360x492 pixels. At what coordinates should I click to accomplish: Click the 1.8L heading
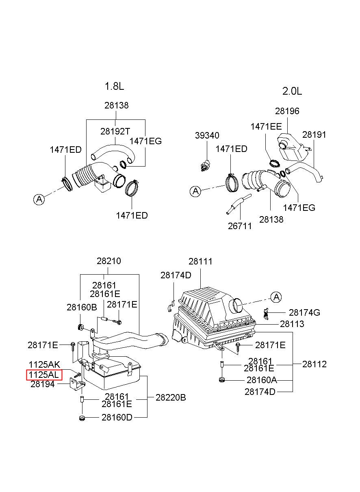(114, 86)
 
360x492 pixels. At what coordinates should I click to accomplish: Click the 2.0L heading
(292, 91)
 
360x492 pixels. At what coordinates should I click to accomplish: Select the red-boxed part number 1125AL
(44, 375)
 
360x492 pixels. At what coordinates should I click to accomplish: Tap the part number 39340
(207, 135)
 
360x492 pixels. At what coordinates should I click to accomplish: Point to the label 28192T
(115, 131)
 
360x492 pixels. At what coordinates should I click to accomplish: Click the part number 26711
(240, 226)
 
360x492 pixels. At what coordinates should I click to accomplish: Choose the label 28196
(287, 111)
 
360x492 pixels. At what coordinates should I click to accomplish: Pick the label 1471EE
(266, 126)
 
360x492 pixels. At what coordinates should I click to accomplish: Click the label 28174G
(304, 312)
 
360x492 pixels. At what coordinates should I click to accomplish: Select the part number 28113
(292, 324)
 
